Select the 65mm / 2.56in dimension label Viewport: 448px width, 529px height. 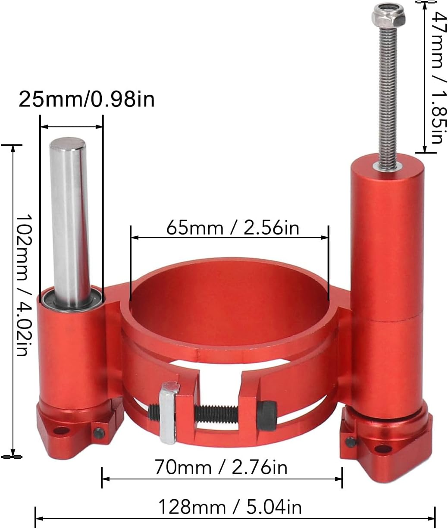coord(232,228)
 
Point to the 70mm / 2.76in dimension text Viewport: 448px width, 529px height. coord(221,467)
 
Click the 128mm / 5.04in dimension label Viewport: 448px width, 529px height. coord(230,507)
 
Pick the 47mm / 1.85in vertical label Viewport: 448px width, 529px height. coord(436,78)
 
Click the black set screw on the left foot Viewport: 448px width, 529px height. coord(99,432)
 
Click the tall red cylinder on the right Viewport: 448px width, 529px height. coord(387,280)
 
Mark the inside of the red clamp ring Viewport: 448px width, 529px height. coord(229,302)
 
